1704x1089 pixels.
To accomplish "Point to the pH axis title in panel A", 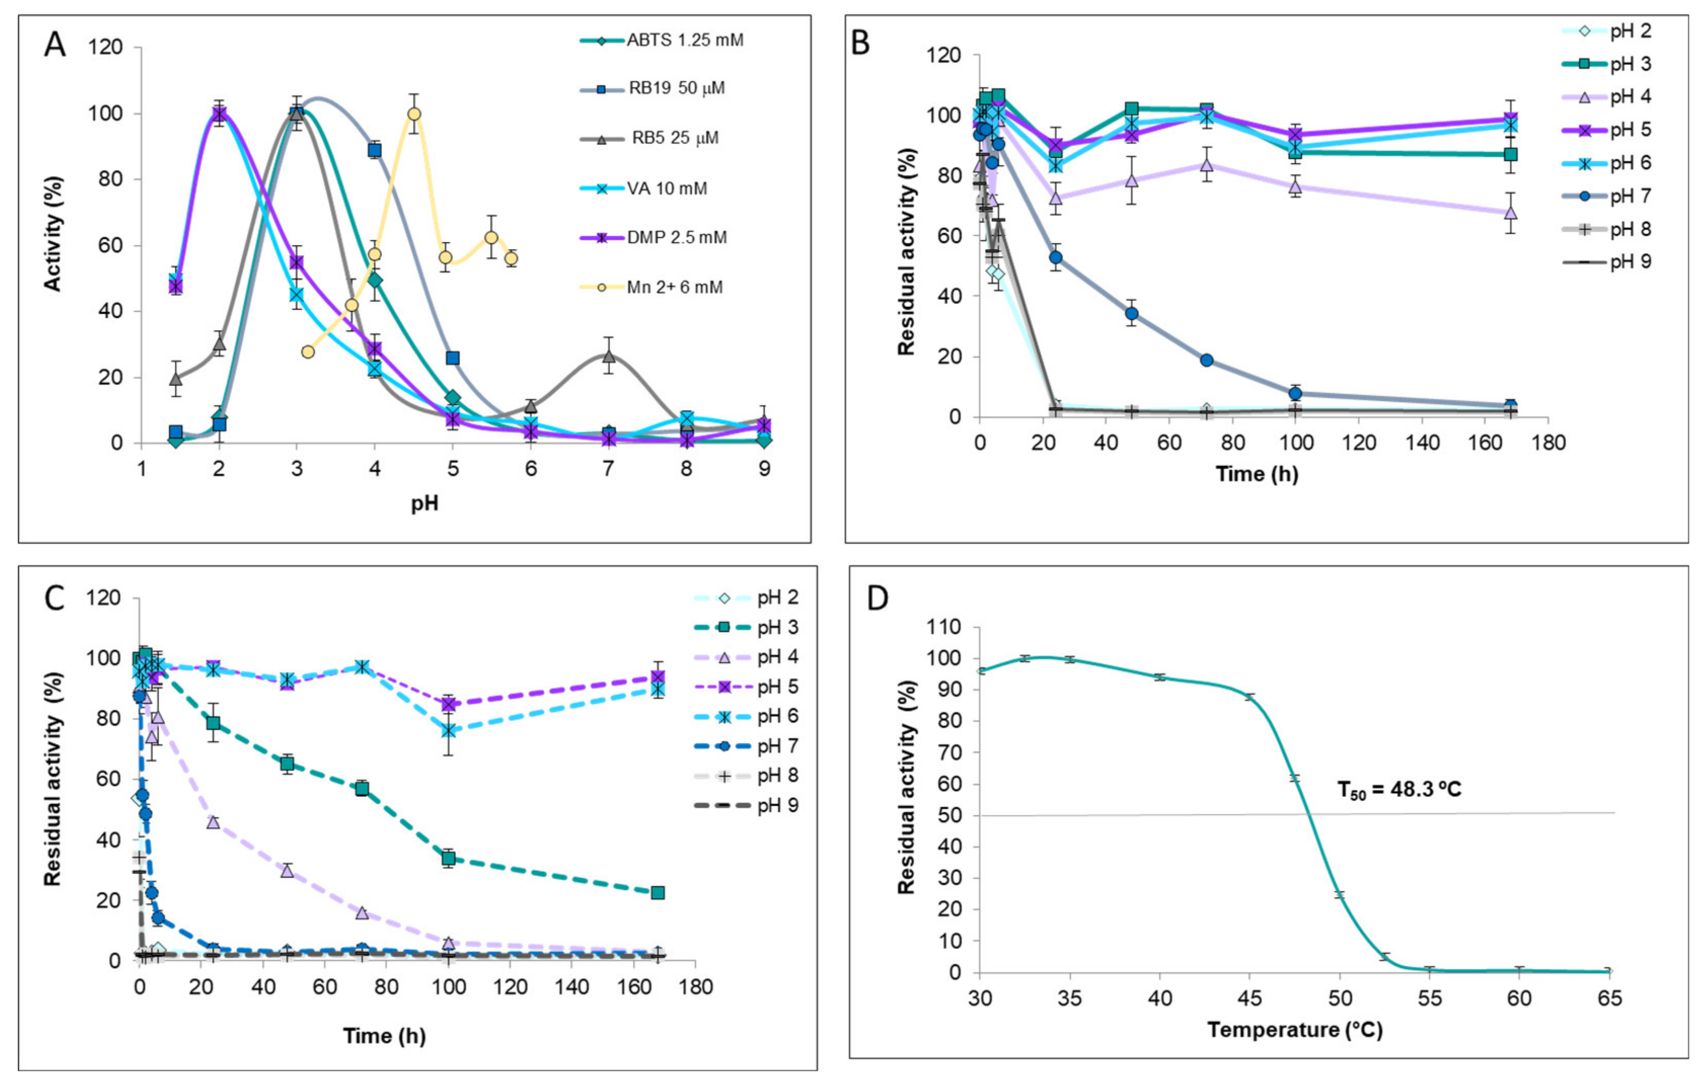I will (x=425, y=503).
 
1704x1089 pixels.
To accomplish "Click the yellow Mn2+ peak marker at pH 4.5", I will (x=414, y=114).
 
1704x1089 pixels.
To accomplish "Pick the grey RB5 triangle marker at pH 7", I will (x=609, y=356).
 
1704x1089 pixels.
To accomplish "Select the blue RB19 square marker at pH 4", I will (x=374, y=150).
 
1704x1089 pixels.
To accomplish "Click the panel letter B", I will (x=861, y=44).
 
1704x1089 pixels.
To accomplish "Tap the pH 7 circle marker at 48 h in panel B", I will (x=1131, y=313).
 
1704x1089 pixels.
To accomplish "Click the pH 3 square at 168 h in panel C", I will (x=657, y=892).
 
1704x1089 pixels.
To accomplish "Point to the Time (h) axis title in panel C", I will (x=384, y=1036).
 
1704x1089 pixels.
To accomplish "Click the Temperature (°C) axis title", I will (x=1294, y=1029).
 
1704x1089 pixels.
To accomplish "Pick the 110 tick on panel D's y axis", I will (x=948, y=627).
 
